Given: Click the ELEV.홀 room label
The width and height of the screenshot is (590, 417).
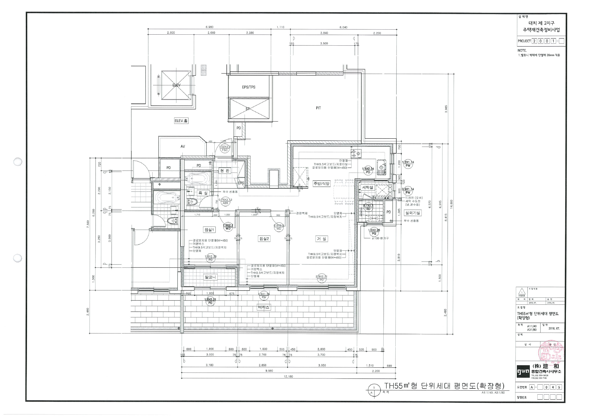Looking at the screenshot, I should pos(181,121).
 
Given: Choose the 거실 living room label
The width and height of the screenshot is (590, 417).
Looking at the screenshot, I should pos(321,239).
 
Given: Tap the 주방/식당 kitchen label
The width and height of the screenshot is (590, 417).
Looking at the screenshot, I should pos(321,183).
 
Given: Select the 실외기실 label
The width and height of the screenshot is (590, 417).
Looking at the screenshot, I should pos(412,213).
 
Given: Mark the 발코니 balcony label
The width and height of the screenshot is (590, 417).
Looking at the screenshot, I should pos(210,277).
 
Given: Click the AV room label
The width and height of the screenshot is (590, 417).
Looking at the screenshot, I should pos(183,146).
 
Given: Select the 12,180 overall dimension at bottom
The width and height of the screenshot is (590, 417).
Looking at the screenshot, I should pos(288,376).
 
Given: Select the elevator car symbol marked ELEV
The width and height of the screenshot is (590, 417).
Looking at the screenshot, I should pos(176,85).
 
